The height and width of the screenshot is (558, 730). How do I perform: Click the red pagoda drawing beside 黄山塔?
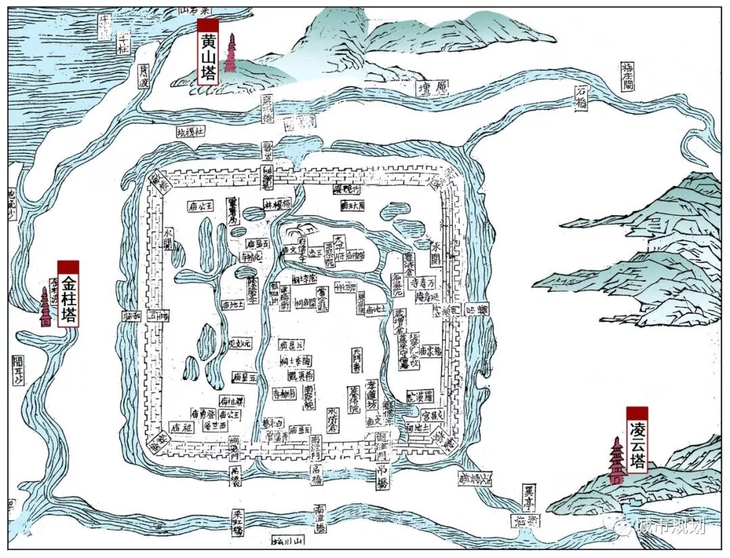[231, 53]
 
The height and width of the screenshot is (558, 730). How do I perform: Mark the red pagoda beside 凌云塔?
[616, 461]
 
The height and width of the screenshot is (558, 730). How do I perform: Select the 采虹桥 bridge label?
[237, 522]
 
